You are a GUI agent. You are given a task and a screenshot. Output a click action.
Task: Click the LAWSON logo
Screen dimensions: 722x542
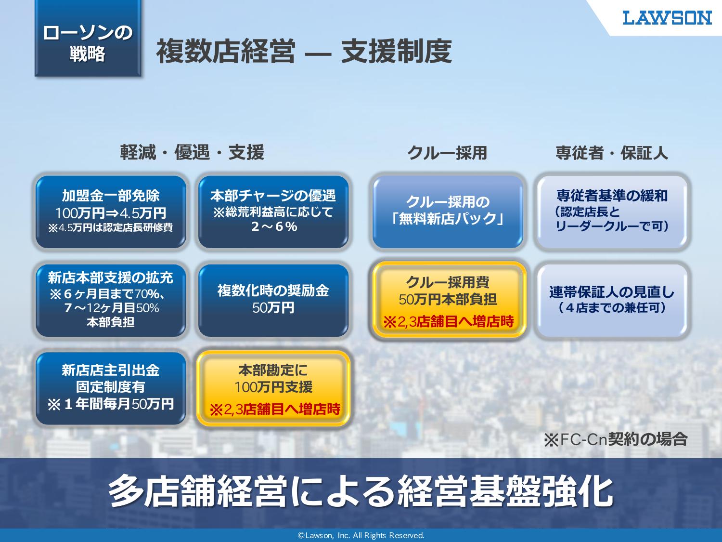tap(667, 17)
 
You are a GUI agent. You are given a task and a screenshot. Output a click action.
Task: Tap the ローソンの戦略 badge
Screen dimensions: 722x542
tap(88, 38)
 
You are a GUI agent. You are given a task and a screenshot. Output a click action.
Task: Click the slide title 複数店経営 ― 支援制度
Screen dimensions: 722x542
tap(304, 52)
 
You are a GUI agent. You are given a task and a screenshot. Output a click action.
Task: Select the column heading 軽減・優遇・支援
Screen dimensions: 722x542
tap(192, 152)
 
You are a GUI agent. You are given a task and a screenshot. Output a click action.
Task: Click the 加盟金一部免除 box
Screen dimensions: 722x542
tap(111, 212)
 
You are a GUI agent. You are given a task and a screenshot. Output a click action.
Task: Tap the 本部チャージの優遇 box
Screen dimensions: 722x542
tap(273, 212)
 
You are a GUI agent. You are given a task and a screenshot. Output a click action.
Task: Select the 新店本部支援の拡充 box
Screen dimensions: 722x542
tap(111, 300)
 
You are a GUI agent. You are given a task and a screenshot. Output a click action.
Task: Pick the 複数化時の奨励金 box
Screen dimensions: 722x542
tap(273, 300)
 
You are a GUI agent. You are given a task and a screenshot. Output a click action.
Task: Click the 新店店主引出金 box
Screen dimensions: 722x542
tap(111, 388)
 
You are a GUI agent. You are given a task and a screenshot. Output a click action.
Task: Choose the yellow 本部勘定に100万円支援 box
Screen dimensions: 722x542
tap(273, 388)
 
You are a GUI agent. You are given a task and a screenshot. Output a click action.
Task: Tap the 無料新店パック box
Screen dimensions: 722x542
tap(448, 212)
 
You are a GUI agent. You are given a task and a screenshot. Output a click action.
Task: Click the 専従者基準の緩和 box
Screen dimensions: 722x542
tap(612, 212)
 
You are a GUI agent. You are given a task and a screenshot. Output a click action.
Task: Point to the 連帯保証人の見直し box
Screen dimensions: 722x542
tap(612, 300)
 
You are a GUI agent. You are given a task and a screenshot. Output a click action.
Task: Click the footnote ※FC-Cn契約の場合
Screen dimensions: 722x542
tap(616, 439)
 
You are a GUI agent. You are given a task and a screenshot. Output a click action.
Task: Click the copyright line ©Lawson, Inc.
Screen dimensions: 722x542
tap(361, 535)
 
